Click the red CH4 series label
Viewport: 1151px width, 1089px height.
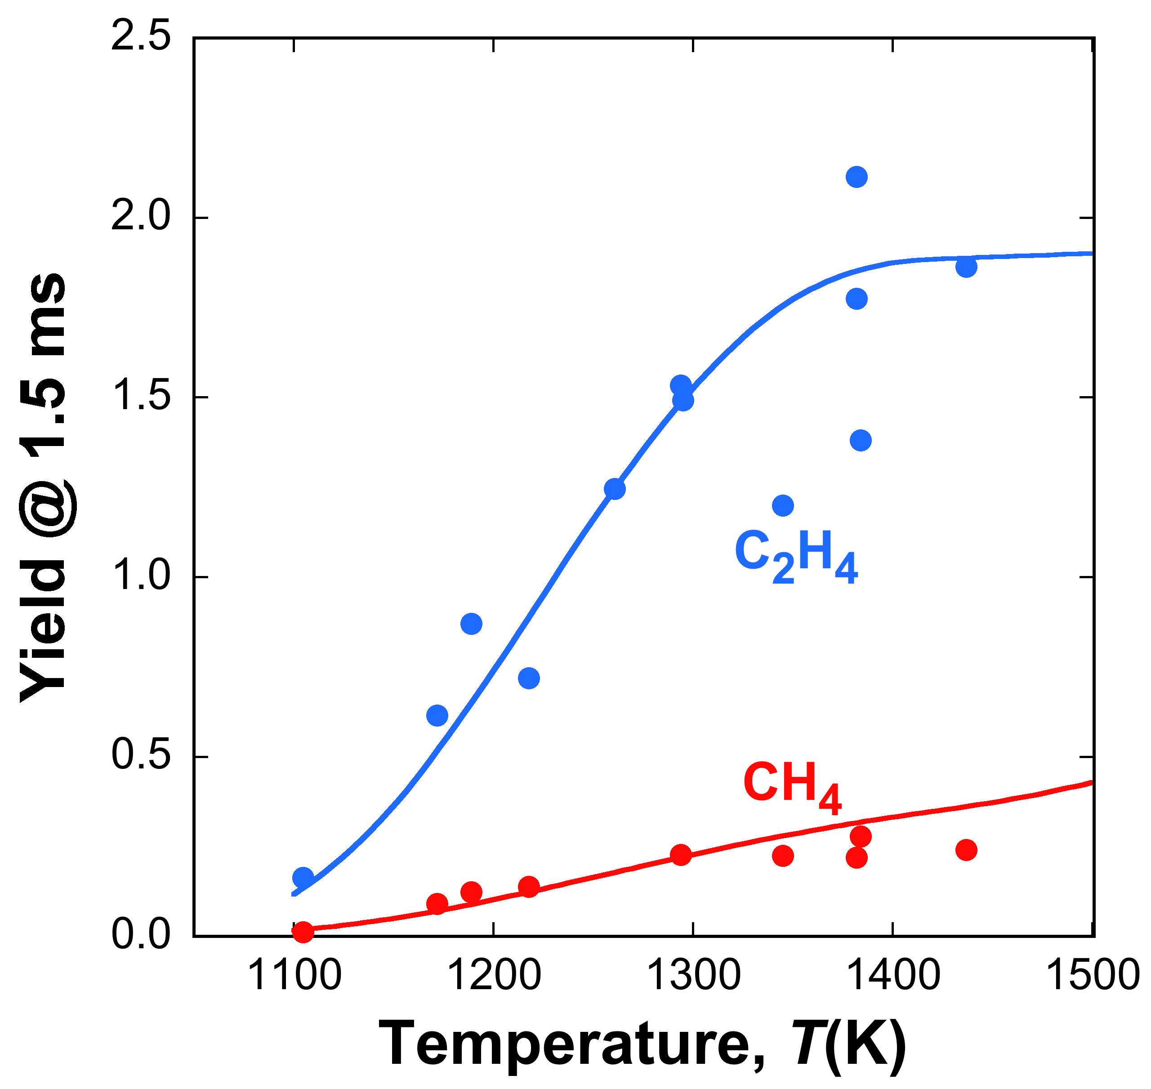tap(792, 788)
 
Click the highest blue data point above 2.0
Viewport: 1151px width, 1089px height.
tap(857, 176)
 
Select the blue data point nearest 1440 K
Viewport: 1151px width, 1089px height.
tap(966, 267)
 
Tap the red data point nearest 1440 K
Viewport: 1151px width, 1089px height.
tap(966, 850)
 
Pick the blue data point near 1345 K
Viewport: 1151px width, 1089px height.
tap(783, 505)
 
